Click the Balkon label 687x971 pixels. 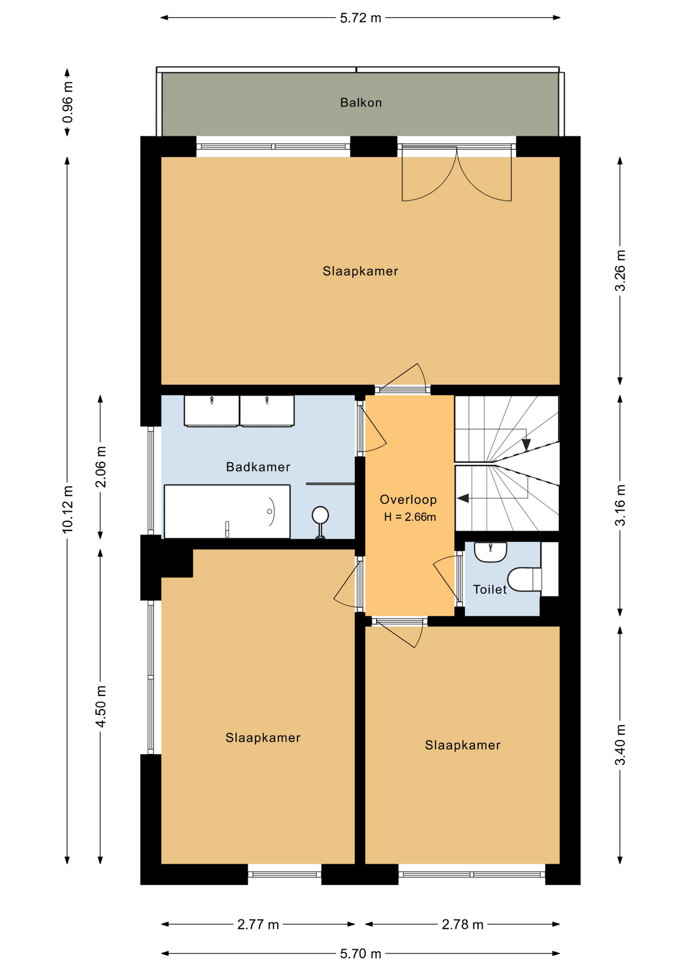[361, 103]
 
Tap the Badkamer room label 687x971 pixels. [258, 467]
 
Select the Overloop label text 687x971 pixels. [408, 500]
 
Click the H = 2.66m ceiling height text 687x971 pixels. [410, 517]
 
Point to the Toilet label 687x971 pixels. [490, 589]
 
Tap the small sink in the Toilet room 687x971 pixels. [490, 552]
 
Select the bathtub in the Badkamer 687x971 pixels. [227, 511]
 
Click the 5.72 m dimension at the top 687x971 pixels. [360, 18]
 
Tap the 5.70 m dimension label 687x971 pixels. [360, 954]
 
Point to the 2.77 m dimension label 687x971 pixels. [258, 924]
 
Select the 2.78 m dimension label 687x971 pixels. [462, 924]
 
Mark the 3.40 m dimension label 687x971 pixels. [620, 745]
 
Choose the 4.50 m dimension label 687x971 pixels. [101, 707]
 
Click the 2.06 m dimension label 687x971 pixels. [101, 467]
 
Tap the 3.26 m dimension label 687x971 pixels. [620, 271]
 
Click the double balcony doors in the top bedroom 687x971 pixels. [457, 172]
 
